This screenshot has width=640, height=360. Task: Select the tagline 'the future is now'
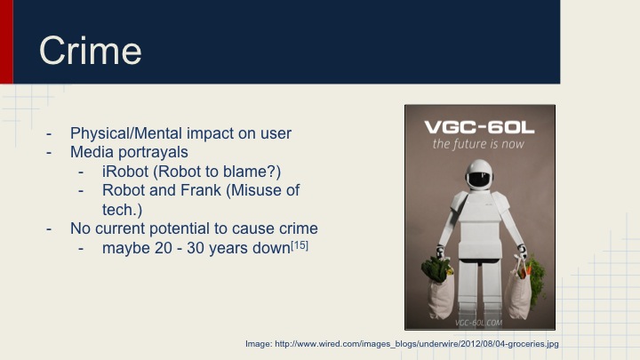pos(478,143)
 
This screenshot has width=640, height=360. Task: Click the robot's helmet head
pos(478,174)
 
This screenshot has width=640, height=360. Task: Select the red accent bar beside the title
pos(6,42)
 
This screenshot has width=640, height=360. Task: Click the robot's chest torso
pos(478,218)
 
